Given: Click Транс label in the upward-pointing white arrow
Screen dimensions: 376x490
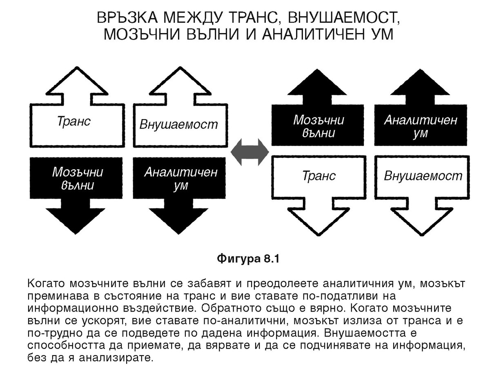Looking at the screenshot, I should (x=74, y=122).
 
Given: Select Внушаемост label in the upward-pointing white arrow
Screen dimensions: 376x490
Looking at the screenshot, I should (x=179, y=124).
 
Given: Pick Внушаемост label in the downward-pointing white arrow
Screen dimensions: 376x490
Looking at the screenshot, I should (x=423, y=176).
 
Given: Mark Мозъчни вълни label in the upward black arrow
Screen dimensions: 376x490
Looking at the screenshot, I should (x=319, y=126).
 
